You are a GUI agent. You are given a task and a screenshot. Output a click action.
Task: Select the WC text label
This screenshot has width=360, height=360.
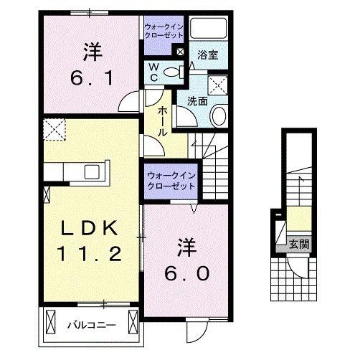[x=153, y=72]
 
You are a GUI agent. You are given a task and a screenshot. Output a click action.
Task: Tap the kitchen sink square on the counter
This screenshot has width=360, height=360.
[x=93, y=171]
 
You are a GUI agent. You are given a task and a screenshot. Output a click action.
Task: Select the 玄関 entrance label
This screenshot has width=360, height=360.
[x=299, y=245]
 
